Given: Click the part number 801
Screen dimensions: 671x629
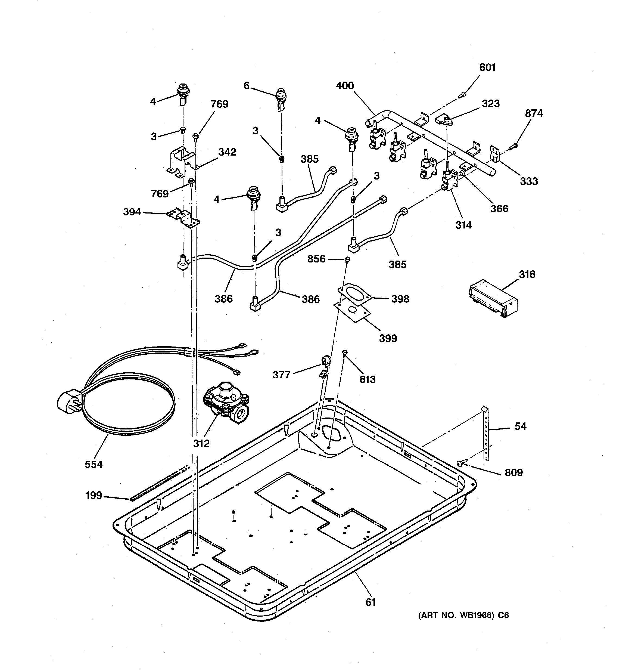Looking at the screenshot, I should tap(487, 67).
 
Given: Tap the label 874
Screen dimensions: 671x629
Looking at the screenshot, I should tap(534, 113).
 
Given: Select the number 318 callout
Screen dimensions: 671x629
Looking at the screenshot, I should tap(527, 274).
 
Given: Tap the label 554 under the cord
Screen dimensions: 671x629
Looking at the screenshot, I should tap(94, 465).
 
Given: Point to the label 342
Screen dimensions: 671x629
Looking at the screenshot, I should tap(227, 152).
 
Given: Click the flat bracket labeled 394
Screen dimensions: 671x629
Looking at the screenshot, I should tap(183, 217).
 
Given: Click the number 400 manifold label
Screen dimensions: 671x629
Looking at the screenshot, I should tap(345, 86).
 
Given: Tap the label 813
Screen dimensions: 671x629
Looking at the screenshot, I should tap(367, 379).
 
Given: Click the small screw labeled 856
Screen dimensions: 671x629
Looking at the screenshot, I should tap(347, 259).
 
